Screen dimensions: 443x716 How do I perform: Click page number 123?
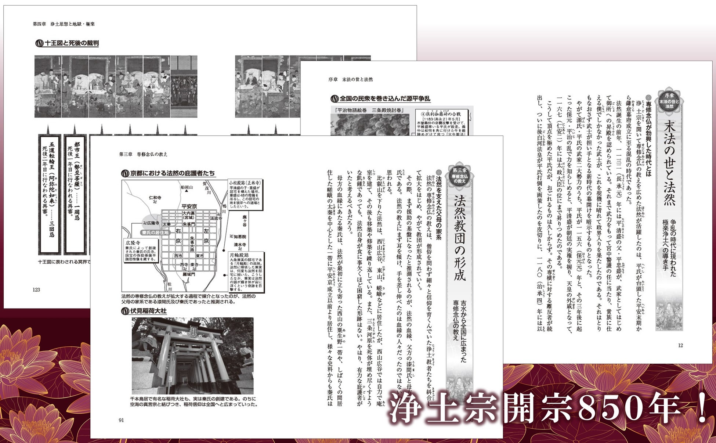click(x=36, y=289)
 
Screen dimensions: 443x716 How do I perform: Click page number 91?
click(x=122, y=420)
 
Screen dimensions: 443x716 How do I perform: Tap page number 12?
click(x=680, y=345)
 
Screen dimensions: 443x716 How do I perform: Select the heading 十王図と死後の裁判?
click(x=71, y=43)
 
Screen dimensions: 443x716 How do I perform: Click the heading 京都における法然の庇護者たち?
click(x=172, y=173)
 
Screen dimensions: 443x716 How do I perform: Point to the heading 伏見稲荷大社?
click(x=148, y=311)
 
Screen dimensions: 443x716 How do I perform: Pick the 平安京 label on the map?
click(x=189, y=206)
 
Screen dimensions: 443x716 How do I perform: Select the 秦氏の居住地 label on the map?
click(x=155, y=233)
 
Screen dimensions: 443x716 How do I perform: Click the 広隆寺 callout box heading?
click(x=133, y=243)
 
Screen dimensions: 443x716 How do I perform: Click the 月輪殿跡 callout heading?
click(x=239, y=255)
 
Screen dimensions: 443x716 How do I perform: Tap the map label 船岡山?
click(x=187, y=187)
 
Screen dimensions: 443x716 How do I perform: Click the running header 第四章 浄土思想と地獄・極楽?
click(x=64, y=24)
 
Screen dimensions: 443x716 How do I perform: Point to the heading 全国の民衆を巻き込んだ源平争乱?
click(x=384, y=98)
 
